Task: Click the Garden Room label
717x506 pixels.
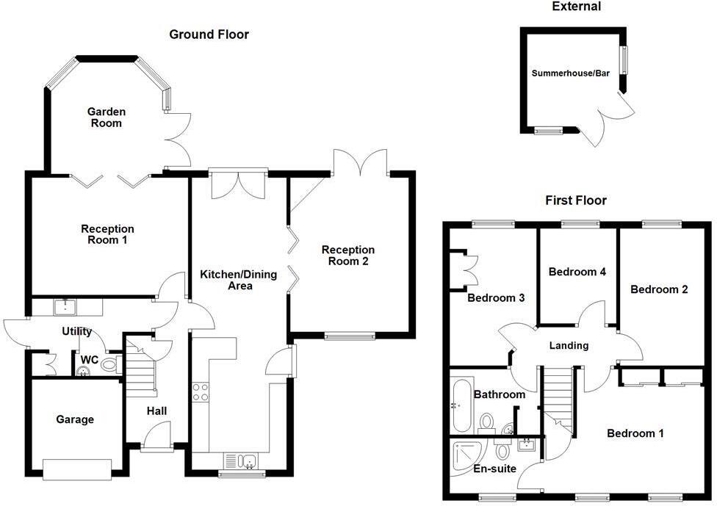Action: [x=107, y=118]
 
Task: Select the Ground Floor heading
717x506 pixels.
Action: [x=209, y=35]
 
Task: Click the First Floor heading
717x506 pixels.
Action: [x=576, y=200]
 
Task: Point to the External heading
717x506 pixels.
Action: [x=576, y=7]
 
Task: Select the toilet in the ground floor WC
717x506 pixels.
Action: [x=109, y=364]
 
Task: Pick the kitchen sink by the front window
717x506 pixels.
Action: [x=242, y=461]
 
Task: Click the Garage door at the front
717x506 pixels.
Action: [x=77, y=467]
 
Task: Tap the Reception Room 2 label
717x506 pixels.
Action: [x=348, y=256]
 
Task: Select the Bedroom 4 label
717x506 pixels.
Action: [x=577, y=272]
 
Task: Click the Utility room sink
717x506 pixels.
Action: [x=65, y=306]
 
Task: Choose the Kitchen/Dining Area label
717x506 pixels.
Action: [x=239, y=281]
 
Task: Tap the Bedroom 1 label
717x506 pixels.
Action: [x=635, y=433]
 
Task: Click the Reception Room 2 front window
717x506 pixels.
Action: [x=350, y=337]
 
